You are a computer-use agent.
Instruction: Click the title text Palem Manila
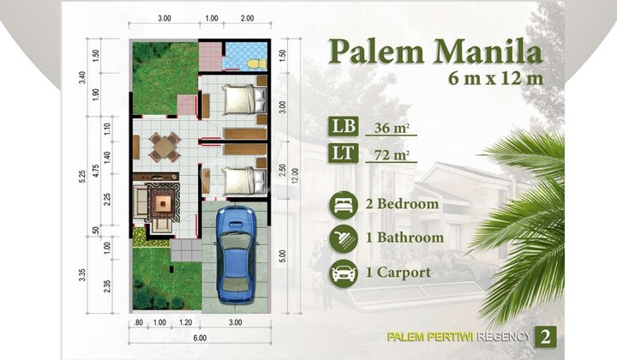[435, 53]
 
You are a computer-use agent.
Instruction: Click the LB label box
[341, 129]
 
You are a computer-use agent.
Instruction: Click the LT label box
[341, 155]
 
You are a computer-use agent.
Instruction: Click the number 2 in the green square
[545, 336]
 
